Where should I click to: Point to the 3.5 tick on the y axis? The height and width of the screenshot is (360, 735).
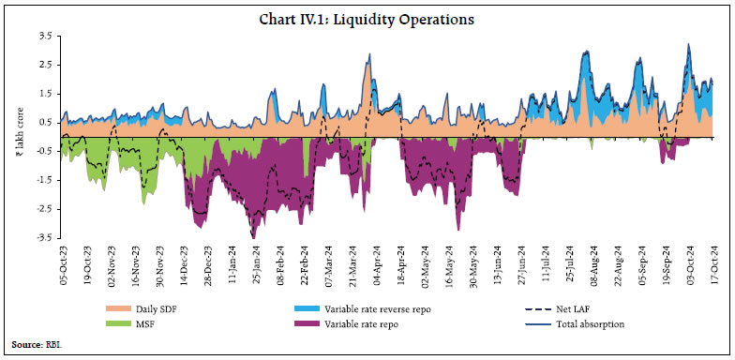[x=43, y=36]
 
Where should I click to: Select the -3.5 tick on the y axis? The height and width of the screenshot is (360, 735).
[x=41, y=237]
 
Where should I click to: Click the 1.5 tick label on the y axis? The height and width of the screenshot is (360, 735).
[x=43, y=93]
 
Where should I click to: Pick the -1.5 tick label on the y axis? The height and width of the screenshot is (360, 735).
[x=41, y=180]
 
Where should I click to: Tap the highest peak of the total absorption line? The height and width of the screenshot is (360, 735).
[x=689, y=43]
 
